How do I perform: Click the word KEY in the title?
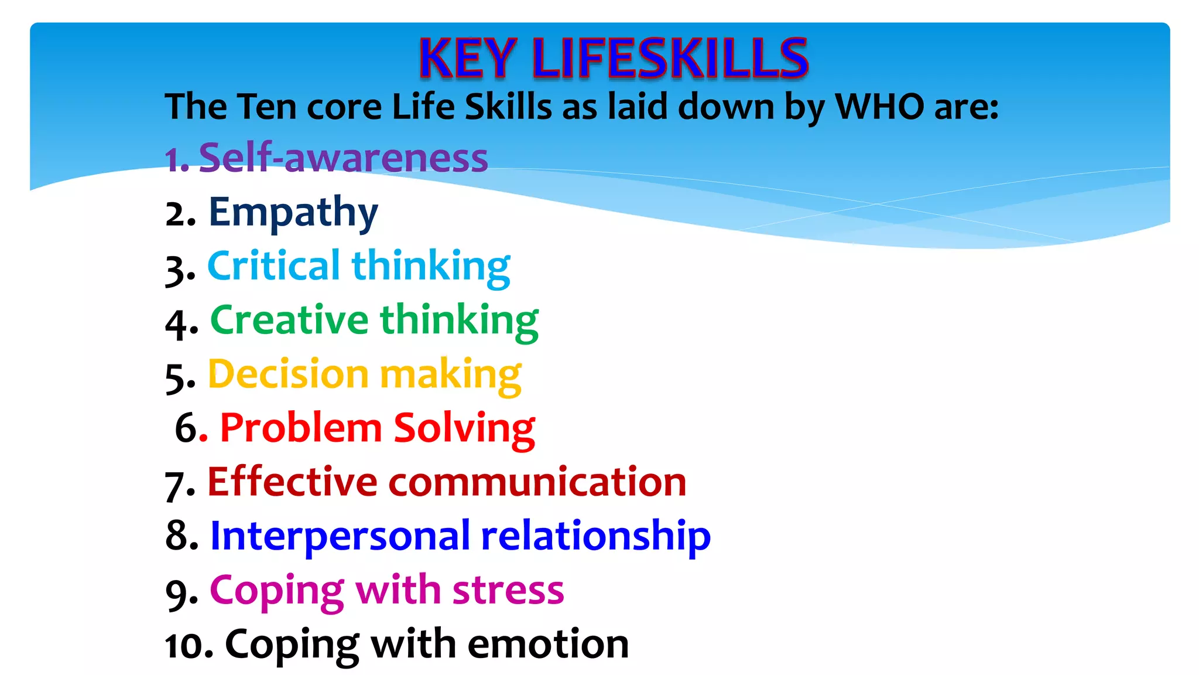click(x=467, y=58)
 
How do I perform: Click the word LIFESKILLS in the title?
click(x=670, y=58)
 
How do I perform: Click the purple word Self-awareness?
click(x=343, y=158)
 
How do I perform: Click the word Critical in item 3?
click(x=273, y=266)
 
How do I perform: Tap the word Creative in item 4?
click(x=289, y=321)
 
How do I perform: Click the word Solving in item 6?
click(x=464, y=429)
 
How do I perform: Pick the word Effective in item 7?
click(x=292, y=482)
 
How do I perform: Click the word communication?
click(x=537, y=482)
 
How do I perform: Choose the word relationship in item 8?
click(x=595, y=537)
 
